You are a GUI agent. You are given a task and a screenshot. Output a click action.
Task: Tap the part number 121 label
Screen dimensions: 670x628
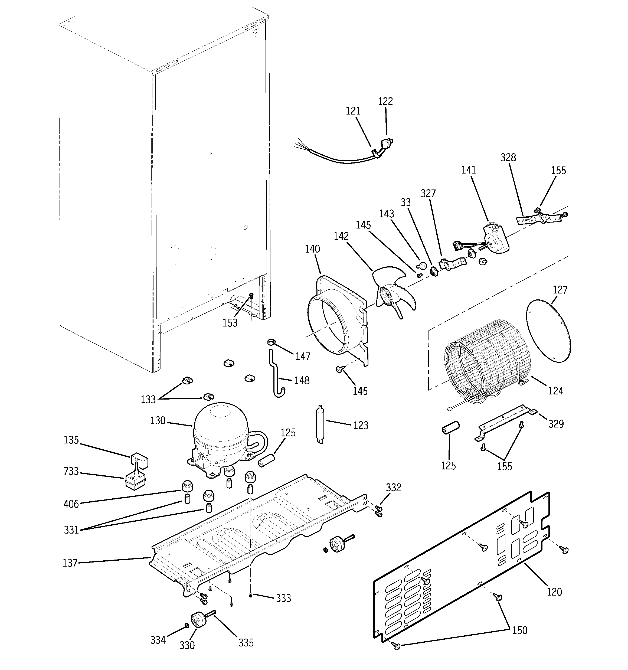[353, 111]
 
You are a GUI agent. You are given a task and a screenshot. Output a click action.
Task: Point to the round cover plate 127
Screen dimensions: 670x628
[548, 332]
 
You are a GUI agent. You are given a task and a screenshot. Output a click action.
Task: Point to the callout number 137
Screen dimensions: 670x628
[70, 563]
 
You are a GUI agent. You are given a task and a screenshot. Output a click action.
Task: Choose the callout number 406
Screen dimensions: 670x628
[71, 504]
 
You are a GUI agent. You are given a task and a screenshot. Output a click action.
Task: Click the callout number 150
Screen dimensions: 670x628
[519, 630]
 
